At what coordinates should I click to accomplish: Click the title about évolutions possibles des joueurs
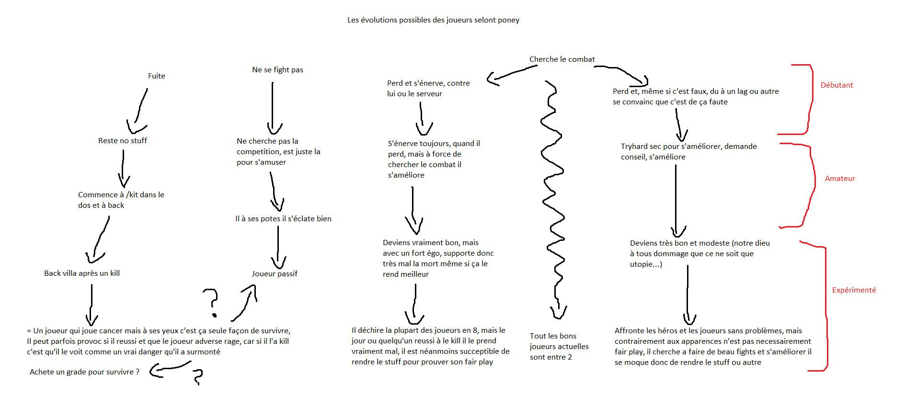pyautogui.click(x=433, y=20)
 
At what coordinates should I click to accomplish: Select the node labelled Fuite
pyautogui.click(x=156, y=76)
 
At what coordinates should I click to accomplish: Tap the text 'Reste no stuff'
pyautogui.click(x=123, y=141)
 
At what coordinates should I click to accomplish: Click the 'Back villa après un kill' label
pyautogui.click(x=82, y=273)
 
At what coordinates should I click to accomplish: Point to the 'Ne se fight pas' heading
pyautogui.click(x=277, y=70)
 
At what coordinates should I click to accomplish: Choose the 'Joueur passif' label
pyautogui.click(x=275, y=274)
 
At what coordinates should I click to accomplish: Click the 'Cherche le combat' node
pyautogui.click(x=562, y=59)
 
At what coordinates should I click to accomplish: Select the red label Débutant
pyautogui.click(x=837, y=85)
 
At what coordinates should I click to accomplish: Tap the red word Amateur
pyautogui.click(x=839, y=179)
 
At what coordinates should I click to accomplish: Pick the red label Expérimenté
pyautogui.click(x=854, y=290)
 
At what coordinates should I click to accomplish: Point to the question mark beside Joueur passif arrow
pyautogui.click(x=211, y=302)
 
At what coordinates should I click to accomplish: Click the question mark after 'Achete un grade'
pyautogui.click(x=197, y=376)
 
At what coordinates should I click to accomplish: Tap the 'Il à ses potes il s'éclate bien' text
pyautogui.click(x=283, y=219)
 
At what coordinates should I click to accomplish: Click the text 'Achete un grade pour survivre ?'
pyautogui.click(x=84, y=372)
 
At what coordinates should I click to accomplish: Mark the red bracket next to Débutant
pyautogui.click(x=809, y=100)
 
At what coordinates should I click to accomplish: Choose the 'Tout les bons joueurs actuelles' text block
pyautogui.click(x=559, y=347)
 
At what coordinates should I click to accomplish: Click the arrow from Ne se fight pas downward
pyautogui.click(x=273, y=108)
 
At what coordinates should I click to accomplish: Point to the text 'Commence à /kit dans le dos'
pyautogui.click(x=121, y=200)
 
